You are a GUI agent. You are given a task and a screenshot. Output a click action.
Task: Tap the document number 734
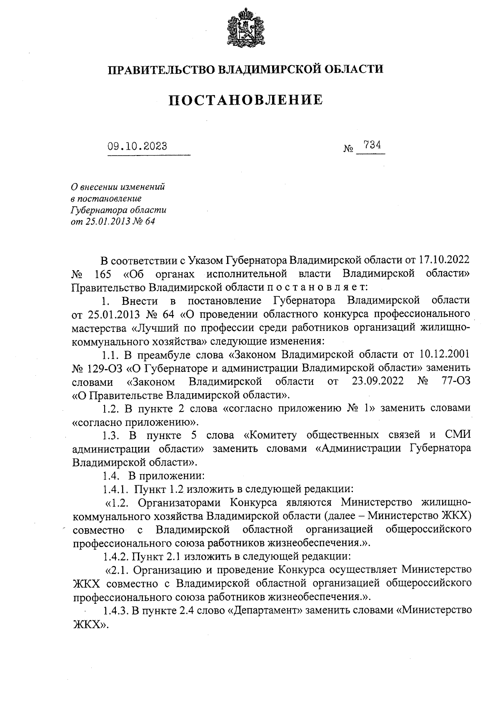pos(372,145)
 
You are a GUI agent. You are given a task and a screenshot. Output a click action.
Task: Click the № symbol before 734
pos(348,149)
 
